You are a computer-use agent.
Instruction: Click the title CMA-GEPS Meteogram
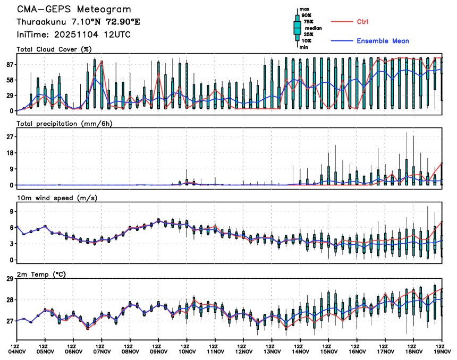coord(73,10)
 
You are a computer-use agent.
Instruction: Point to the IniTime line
coord(73,35)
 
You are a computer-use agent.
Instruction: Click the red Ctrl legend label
coord(363,21)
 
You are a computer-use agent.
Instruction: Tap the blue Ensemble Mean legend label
coord(383,41)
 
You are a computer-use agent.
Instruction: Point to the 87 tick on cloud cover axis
coord(9,64)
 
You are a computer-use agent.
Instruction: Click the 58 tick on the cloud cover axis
coord(9,80)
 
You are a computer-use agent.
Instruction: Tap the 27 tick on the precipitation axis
coord(9,136)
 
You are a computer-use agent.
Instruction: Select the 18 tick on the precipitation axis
coord(9,152)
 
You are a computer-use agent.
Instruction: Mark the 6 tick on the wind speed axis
coord(11,227)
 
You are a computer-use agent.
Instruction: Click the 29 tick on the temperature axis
coord(9,278)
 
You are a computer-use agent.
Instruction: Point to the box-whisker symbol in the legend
coord(297,28)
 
